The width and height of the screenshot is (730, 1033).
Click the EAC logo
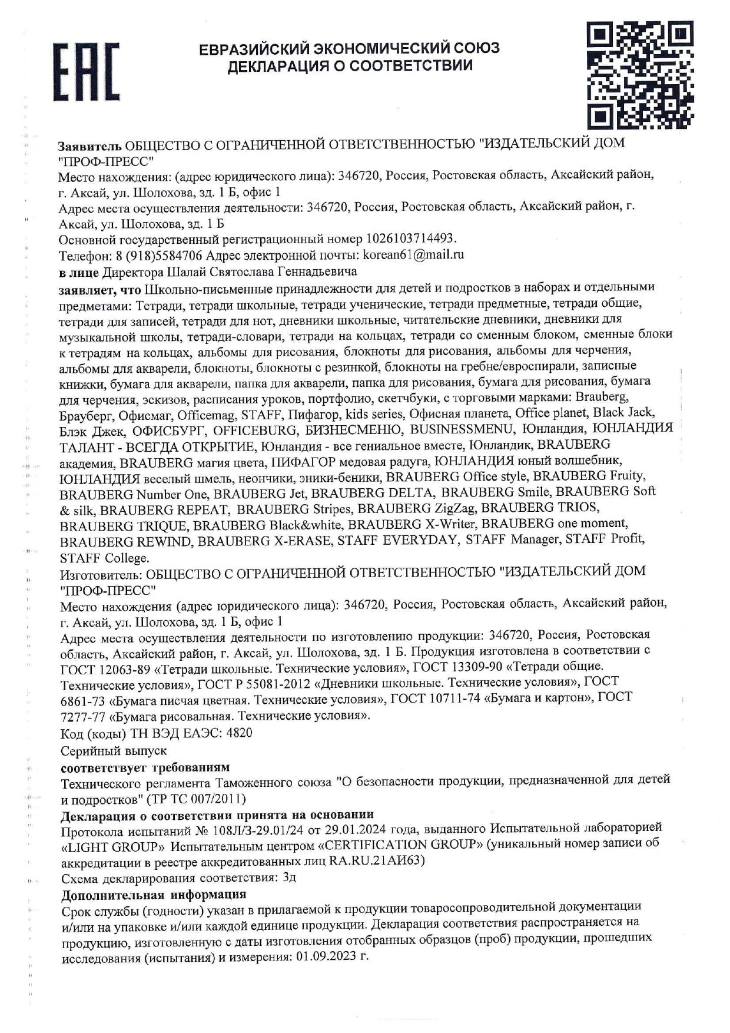tap(87, 71)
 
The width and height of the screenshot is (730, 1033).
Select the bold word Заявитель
tap(89, 144)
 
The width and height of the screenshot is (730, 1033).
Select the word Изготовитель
tap(100, 571)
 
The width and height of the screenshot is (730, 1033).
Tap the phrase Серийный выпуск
tap(114, 751)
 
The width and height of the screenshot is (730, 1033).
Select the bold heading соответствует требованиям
tap(145, 767)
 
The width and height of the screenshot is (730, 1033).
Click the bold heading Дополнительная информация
tap(154, 894)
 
